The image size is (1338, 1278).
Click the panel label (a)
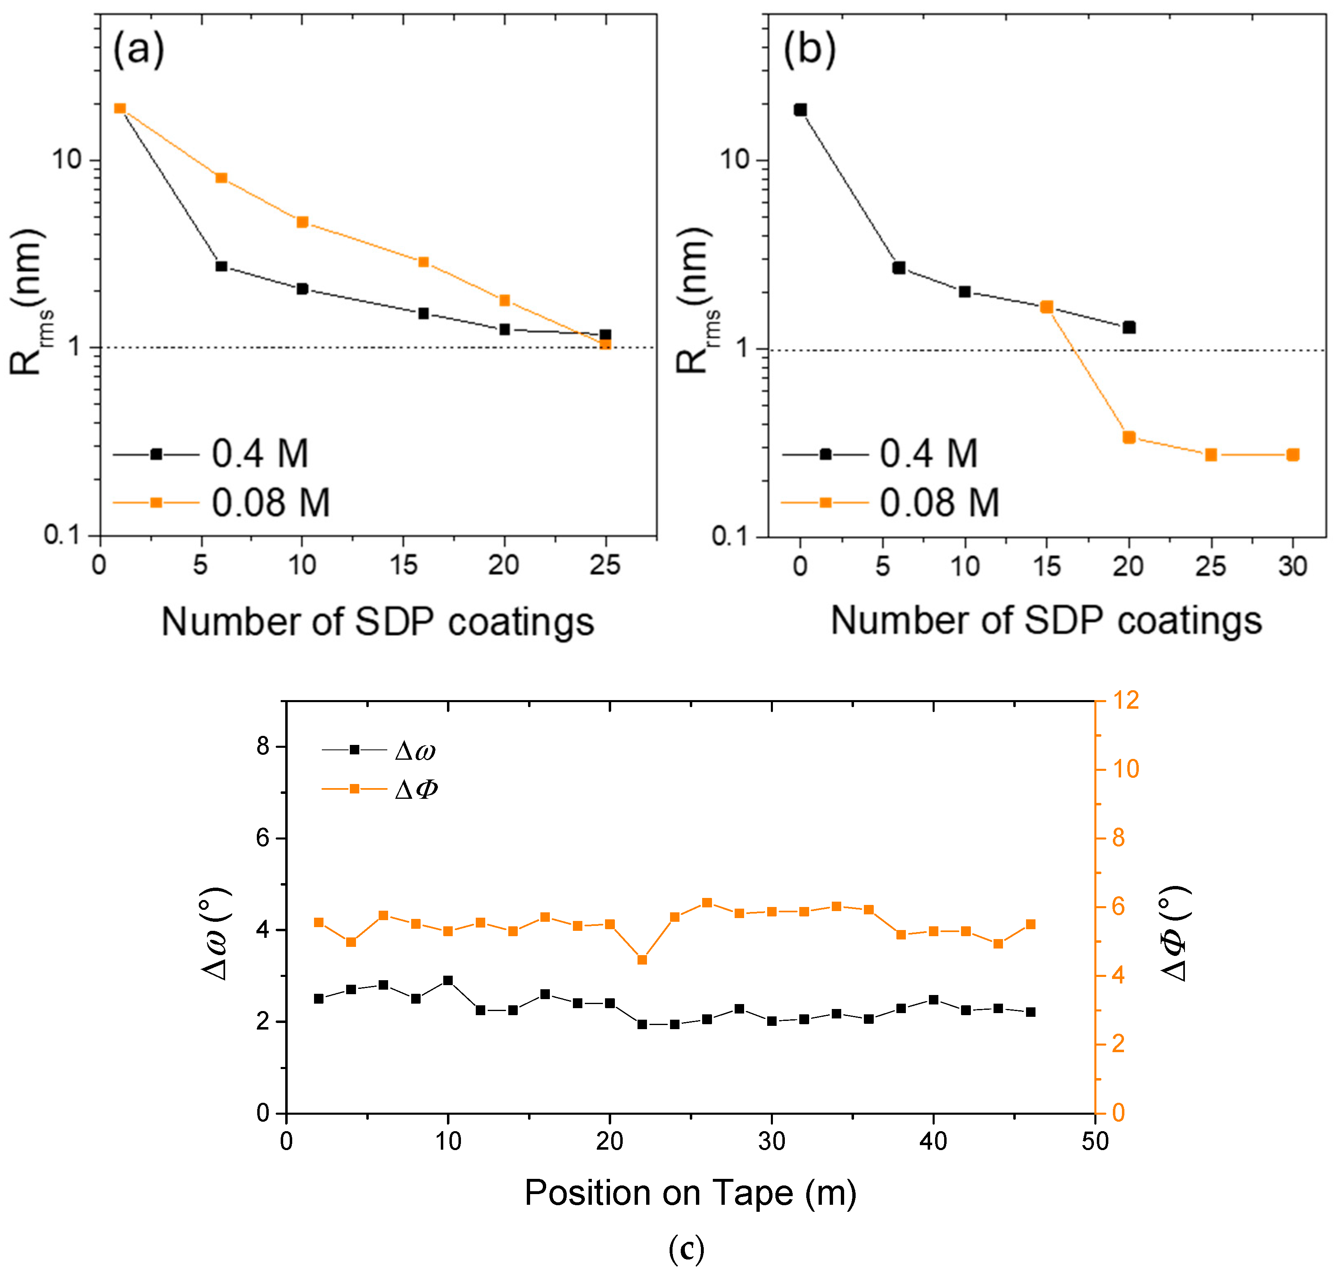(x=138, y=50)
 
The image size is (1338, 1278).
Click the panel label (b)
(x=809, y=50)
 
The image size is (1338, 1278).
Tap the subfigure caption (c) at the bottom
(x=686, y=1249)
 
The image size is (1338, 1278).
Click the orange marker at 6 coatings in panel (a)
(x=221, y=178)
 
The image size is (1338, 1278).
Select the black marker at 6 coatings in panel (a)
(x=221, y=267)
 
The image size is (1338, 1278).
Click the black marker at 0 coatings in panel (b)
(x=800, y=110)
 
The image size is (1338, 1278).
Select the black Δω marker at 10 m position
(x=448, y=980)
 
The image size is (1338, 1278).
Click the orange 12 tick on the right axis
(x=1125, y=700)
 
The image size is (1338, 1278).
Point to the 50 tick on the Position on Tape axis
(x=1095, y=1141)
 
